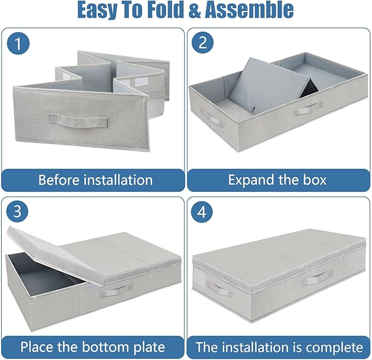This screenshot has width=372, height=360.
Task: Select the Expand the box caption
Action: point(277,180)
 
